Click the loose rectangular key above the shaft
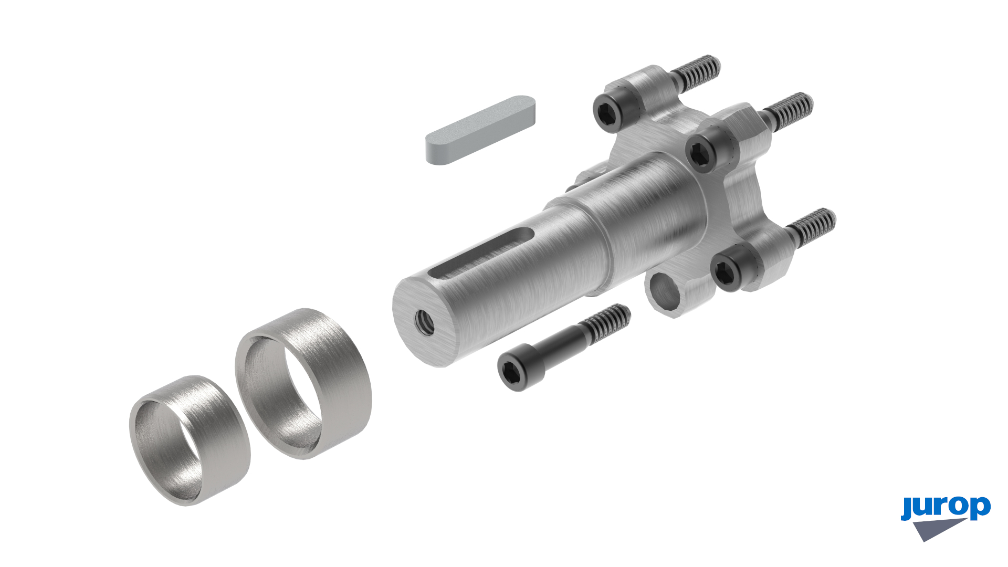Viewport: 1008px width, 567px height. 480,130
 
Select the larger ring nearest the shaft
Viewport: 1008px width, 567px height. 303,384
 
